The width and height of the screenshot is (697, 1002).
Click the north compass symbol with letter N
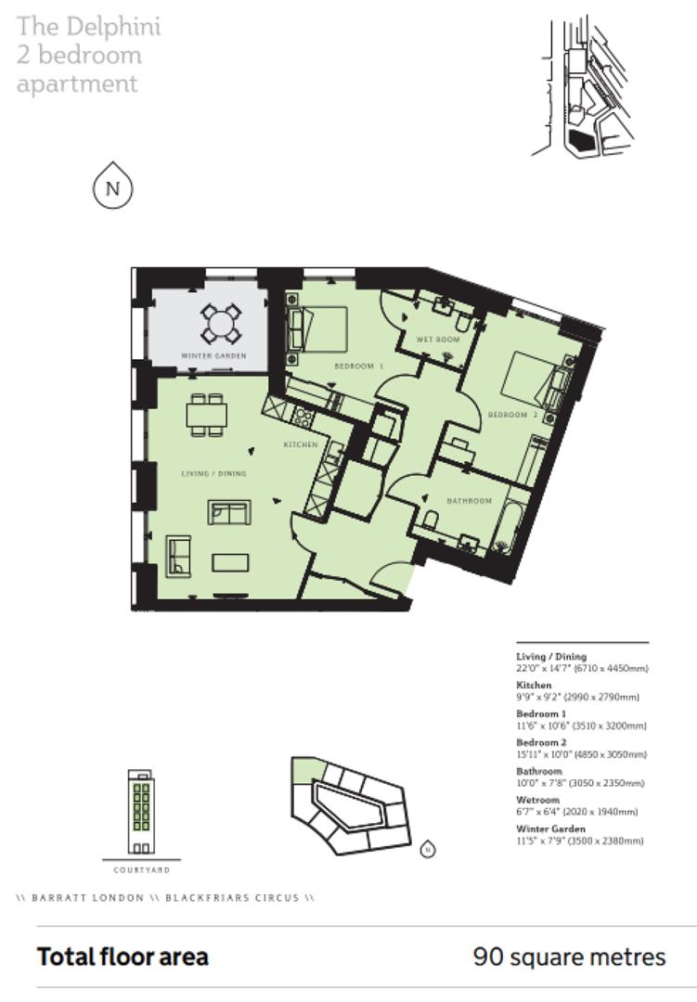[113, 188]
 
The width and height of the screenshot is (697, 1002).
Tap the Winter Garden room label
[213, 356]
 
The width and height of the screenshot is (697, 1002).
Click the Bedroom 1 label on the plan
[359, 367]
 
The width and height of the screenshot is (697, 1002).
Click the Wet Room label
[444, 340]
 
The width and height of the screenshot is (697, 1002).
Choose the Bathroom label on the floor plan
[469, 501]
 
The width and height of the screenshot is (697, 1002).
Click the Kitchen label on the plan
[301, 445]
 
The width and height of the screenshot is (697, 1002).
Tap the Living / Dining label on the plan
[213, 474]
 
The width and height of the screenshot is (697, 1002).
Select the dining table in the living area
[206, 415]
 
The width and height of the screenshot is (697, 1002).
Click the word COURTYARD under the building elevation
[141, 870]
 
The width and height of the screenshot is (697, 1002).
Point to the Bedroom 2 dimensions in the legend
[581, 754]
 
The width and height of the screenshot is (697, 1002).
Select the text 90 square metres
[569, 957]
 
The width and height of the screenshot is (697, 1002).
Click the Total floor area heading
[123, 957]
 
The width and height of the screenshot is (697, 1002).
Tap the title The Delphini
[88, 26]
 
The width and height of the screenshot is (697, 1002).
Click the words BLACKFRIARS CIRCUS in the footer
[232, 898]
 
